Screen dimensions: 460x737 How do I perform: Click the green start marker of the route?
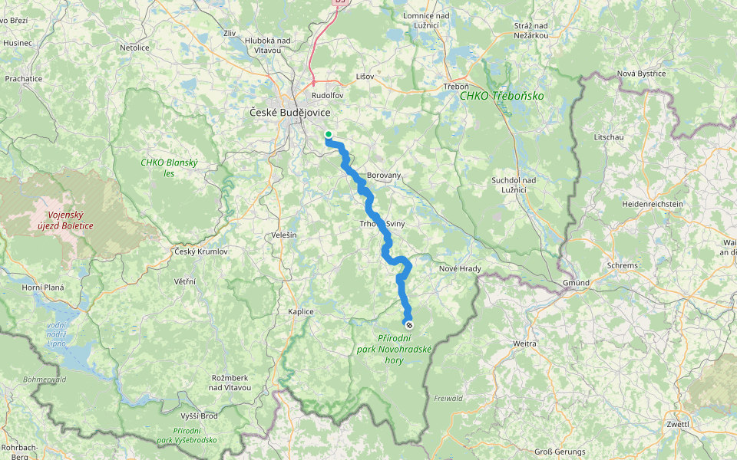329,134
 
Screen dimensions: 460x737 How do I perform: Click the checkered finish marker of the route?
408,324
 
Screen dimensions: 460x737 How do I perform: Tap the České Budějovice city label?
290,113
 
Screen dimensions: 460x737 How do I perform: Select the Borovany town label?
384,176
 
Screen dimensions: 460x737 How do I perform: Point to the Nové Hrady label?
459,268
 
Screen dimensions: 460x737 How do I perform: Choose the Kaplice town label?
301,311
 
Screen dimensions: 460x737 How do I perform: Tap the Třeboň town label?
456,87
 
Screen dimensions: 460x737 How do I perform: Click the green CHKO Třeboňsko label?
501,96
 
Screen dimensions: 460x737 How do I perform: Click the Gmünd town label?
575,283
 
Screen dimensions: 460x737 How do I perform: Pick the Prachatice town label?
23,78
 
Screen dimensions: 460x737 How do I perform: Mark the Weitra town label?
525,344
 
